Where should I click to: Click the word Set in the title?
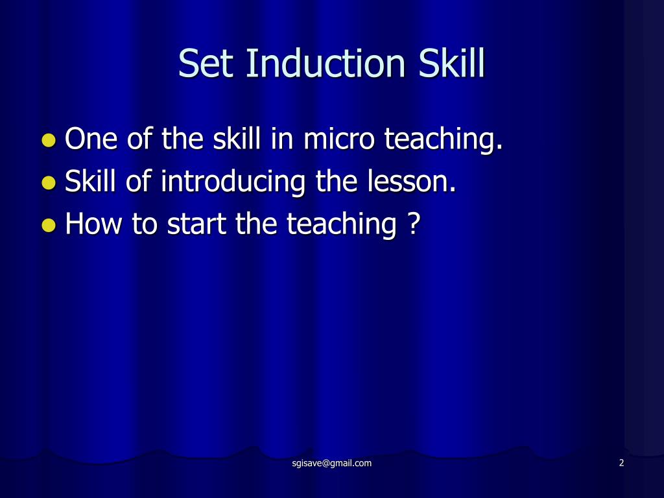pyautogui.click(x=204, y=64)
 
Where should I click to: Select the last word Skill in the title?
pyautogui.click(x=451, y=64)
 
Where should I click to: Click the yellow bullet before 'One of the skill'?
pyautogui.click(x=49, y=140)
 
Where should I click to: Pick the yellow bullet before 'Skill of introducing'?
pyautogui.click(x=49, y=183)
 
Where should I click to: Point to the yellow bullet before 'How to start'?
pyautogui.click(x=49, y=225)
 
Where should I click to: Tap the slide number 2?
pyautogui.click(x=621, y=463)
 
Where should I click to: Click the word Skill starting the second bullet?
pyautogui.click(x=91, y=182)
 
